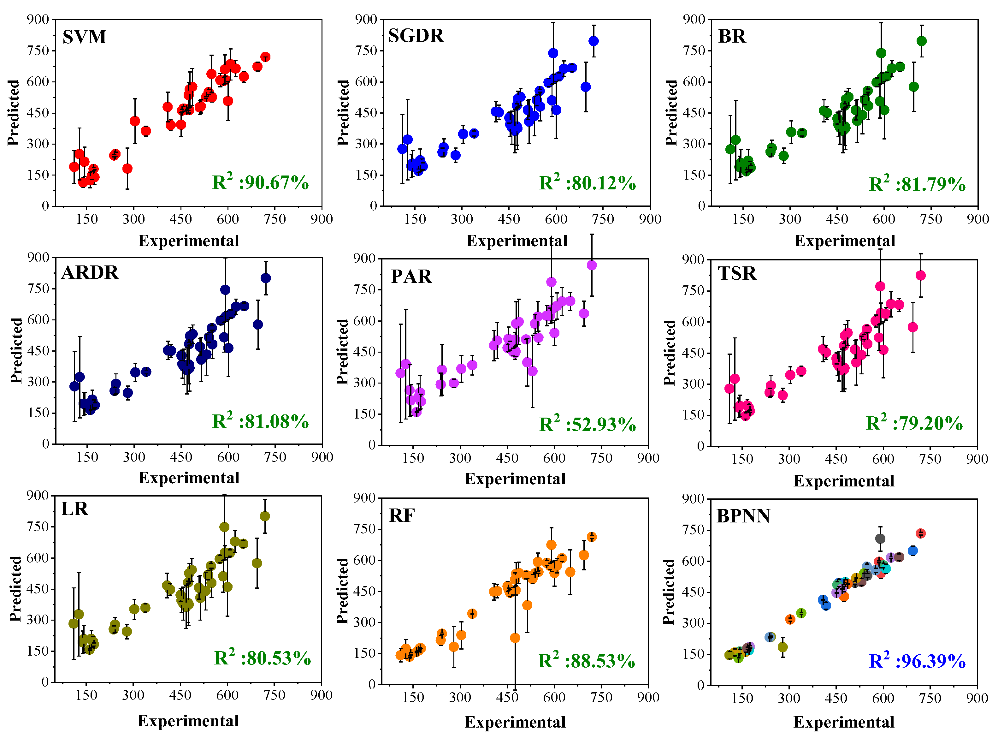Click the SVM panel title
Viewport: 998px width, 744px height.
(84, 37)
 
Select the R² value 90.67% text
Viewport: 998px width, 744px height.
(260, 182)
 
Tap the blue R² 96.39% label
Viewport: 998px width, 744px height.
(917, 661)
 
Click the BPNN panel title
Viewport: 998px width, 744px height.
(743, 516)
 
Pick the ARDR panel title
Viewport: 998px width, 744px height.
(90, 272)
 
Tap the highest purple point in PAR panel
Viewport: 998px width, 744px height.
(592, 265)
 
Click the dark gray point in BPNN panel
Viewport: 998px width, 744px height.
(880, 539)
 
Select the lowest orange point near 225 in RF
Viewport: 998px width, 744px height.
(515, 638)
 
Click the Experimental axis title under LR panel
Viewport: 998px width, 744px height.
(188, 721)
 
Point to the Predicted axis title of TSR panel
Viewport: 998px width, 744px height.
(670, 352)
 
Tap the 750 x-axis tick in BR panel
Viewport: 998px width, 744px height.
(930, 219)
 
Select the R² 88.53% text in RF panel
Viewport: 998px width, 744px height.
(586, 661)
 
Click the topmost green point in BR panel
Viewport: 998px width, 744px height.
(921, 41)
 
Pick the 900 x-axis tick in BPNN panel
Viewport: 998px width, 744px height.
(977, 699)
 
